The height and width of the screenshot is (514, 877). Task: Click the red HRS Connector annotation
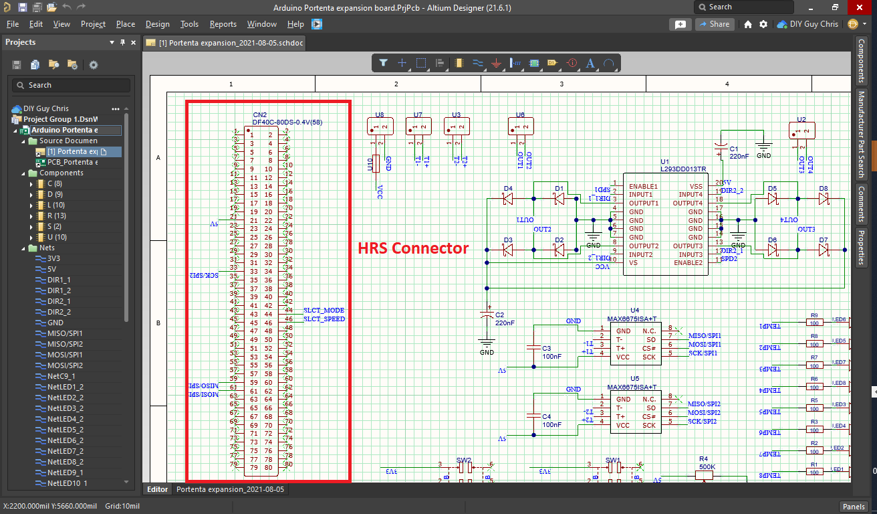[x=413, y=248]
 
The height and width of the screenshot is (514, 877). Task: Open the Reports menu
[x=223, y=24]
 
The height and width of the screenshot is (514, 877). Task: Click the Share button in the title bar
[x=715, y=24]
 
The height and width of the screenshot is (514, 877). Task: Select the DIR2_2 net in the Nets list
[x=59, y=312]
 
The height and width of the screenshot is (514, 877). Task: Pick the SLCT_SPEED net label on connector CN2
[x=324, y=319]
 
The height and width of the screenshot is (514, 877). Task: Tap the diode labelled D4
[x=507, y=199]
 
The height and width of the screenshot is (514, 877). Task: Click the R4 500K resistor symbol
[x=703, y=475]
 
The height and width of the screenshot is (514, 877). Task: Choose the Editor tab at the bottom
[x=158, y=489]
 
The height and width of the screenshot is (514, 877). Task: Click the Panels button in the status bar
[x=854, y=506]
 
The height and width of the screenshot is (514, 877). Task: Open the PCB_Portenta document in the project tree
[x=72, y=162]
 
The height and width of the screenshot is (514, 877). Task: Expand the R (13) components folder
[x=31, y=216]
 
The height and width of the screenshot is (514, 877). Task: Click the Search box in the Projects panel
[x=71, y=85]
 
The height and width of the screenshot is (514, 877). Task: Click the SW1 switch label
[x=613, y=460]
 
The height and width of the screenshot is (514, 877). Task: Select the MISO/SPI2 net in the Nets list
[x=65, y=344]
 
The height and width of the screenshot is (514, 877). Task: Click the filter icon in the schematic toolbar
[x=383, y=63]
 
